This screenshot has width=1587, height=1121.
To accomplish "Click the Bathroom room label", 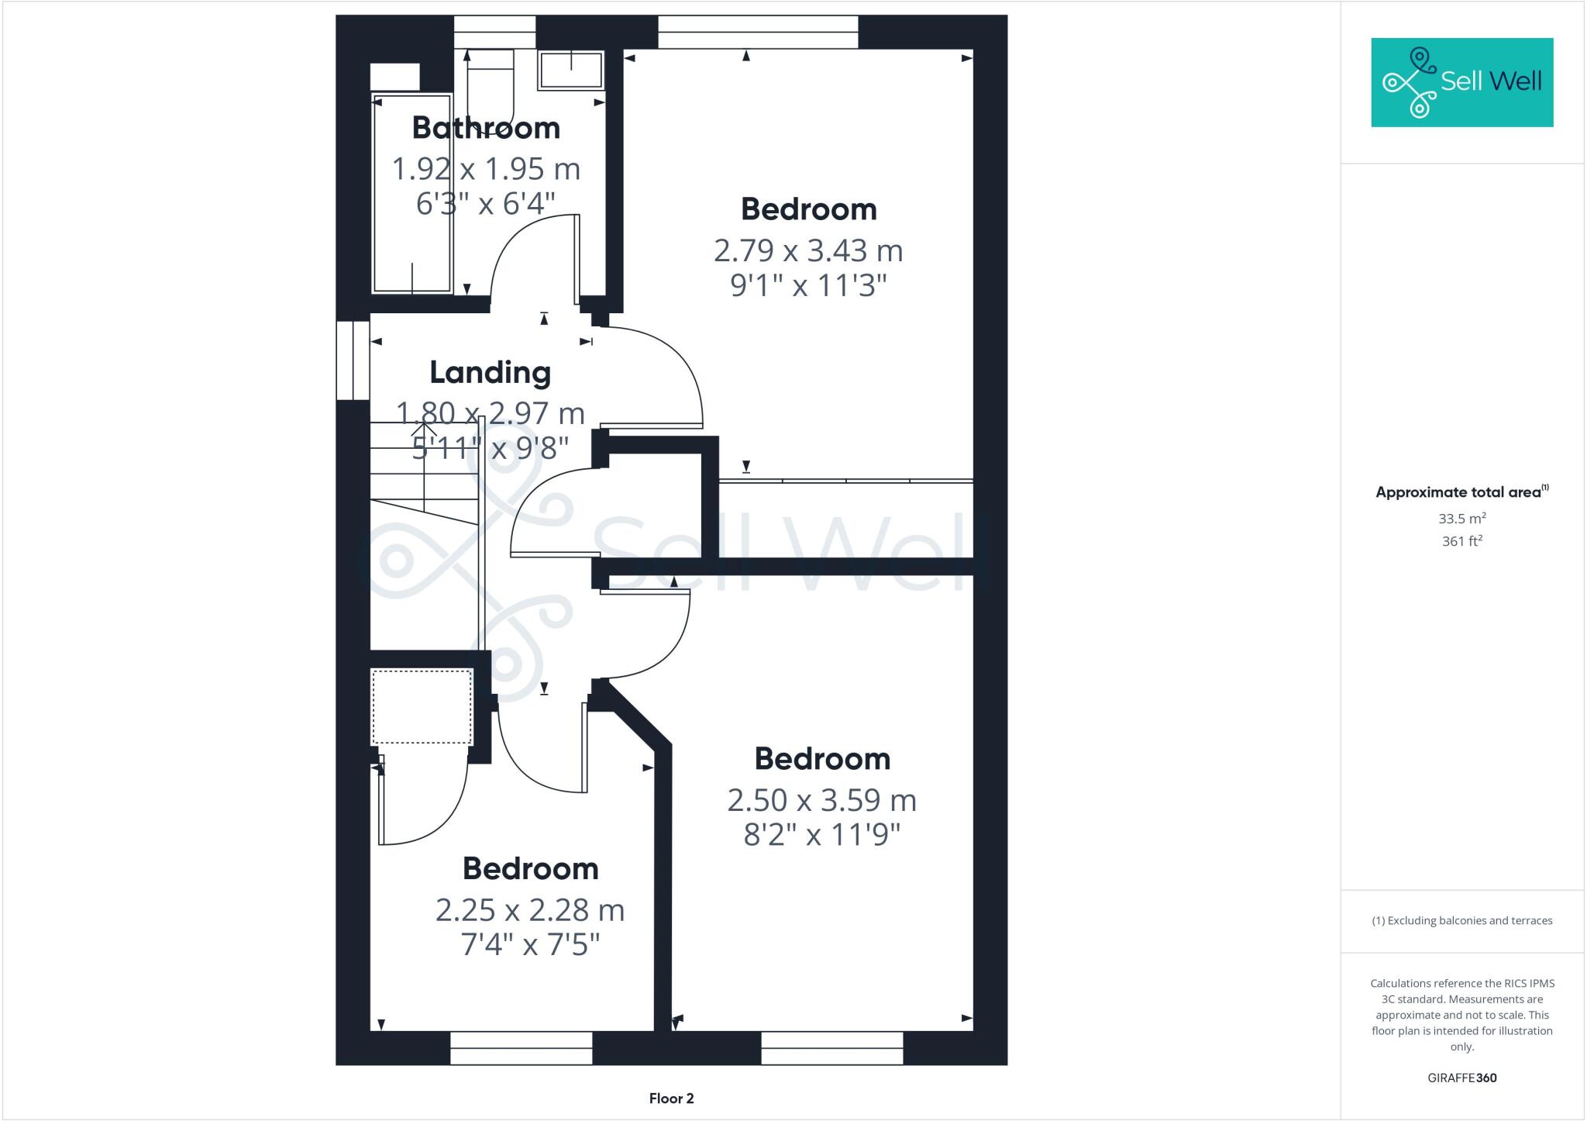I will pyautogui.click(x=486, y=128).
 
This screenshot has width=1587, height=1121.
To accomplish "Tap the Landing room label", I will pyautogui.click(x=491, y=373).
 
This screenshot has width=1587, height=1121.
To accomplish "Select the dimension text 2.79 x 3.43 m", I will pyautogui.click(x=808, y=250).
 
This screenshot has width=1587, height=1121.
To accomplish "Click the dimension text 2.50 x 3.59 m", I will pyautogui.click(x=821, y=800).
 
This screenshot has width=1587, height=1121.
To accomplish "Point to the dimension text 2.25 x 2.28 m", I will pyautogui.click(x=530, y=910).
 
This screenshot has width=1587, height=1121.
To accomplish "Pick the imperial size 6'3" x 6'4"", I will pyautogui.click(x=486, y=204).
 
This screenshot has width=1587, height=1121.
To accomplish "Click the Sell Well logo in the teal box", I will pyautogui.click(x=1461, y=82).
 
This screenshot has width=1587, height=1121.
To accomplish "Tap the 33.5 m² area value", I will pyautogui.click(x=1461, y=519).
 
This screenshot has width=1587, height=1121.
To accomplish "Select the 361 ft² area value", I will pyautogui.click(x=1461, y=541).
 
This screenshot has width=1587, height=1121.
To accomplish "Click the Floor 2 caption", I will pyautogui.click(x=671, y=1099).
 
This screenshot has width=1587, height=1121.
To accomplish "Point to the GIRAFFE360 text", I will pyautogui.click(x=1461, y=1078).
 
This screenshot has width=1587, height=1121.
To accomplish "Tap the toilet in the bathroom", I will pyautogui.click(x=491, y=89).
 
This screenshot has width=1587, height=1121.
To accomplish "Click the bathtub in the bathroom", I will pyautogui.click(x=412, y=194).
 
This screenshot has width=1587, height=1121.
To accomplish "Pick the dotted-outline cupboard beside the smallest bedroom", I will pyautogui.click(x=422, y=706).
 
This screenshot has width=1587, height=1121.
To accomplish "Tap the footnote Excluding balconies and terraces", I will pyautogui.click(x=1461, y=921).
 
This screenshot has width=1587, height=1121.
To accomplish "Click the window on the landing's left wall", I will pyautogui.click(x=353, y=360).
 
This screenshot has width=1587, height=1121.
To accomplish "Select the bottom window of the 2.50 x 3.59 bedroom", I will pyautogui.click(x=832, y=1047).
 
